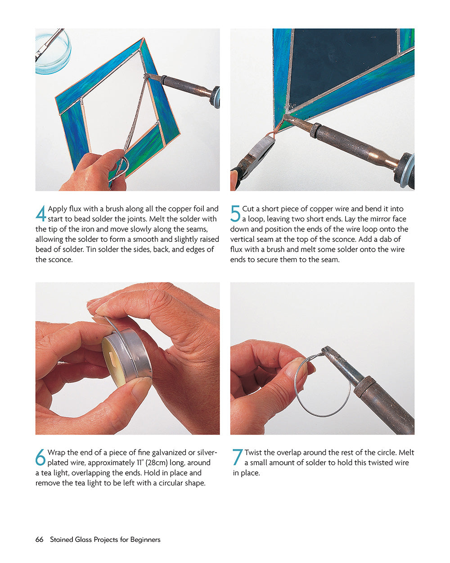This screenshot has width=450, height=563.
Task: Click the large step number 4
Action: click(x=40, y=213)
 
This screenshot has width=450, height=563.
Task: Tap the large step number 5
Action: click(x=235, y=213)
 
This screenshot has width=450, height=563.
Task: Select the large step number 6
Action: click(x=40, y=457)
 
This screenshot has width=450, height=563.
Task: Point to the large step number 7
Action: click(x=237, y=457)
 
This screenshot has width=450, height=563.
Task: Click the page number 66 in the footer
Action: click(x=39, y=540)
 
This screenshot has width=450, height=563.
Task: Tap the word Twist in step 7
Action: click(x=253, y=452)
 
